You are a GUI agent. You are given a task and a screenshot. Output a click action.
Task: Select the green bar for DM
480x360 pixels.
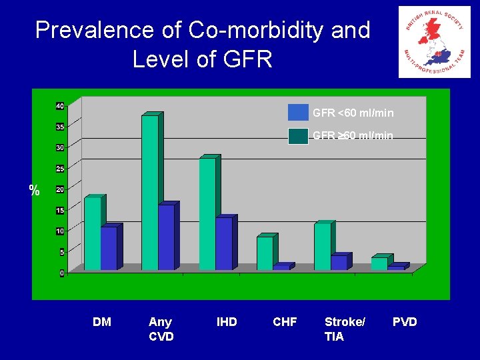click(92, 233)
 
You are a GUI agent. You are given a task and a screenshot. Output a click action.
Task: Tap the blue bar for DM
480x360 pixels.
click(109, 248)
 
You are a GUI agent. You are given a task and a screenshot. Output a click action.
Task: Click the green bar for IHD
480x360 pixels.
click(207, 213)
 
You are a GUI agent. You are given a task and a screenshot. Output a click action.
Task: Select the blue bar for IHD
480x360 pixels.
click(224, 243)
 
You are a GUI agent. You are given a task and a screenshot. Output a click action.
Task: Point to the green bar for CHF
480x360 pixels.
click(265, 253)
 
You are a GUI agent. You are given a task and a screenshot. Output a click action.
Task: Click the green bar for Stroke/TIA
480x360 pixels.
click(322, 247)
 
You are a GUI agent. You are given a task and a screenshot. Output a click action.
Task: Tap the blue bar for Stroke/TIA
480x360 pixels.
click(339, 263)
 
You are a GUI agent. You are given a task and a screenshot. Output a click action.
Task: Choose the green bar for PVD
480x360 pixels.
click(379, 263)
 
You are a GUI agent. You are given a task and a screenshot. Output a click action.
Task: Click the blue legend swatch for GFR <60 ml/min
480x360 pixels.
click(298, 113)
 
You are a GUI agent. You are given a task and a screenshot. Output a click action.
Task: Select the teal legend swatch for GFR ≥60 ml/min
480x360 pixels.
click(298, 135)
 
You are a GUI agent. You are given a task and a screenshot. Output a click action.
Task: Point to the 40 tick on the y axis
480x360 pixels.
click(60, 106)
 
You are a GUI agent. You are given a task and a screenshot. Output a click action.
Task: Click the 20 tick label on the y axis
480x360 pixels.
click(60, 189)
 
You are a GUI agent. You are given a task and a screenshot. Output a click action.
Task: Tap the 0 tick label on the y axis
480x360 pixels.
click(62, 273)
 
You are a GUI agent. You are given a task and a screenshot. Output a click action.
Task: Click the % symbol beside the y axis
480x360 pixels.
click(35, 191)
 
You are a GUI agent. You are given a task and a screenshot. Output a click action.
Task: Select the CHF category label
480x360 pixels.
click(285, 322)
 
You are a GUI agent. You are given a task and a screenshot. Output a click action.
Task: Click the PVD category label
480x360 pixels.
click(405, 322)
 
